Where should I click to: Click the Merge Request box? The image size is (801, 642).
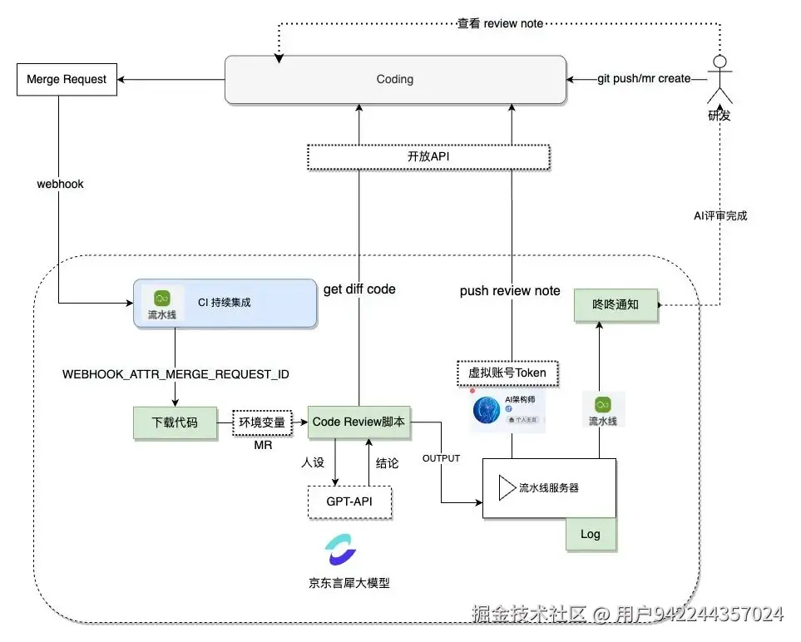[67, 80]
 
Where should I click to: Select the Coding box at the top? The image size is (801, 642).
[394, 80]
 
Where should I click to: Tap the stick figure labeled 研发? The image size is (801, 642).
[720, 79]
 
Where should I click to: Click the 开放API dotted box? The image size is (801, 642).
[428, 156]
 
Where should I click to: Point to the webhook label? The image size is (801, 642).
[60, 184]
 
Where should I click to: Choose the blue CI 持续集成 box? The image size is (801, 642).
[225, 303]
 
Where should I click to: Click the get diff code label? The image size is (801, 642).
[359, 289]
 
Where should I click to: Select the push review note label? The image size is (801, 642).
[510, 291]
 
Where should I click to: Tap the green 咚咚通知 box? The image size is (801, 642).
[616, 305]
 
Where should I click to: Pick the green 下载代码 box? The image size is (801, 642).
[175, 422]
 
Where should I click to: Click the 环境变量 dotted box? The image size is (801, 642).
[262, 422]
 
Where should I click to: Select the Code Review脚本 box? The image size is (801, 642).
[359, 422]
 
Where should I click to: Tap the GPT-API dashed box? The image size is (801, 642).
[349, 502]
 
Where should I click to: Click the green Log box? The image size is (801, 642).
[591, 533]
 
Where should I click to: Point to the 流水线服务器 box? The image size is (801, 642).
[549, 488]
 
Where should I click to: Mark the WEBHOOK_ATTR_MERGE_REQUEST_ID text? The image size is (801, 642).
[176, 374]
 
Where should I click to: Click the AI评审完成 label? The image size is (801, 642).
[720, 215]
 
